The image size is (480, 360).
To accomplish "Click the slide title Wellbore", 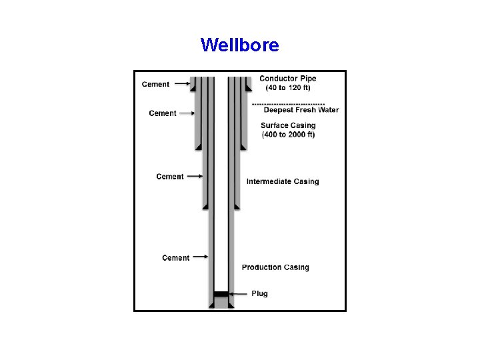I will click(239, 45).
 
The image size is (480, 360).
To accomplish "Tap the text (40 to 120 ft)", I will click(288, 88).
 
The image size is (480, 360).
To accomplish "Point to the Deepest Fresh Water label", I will click(301, 111).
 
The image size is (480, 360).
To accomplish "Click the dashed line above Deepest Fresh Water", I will click(288, 103).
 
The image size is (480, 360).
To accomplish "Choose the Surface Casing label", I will click(288, 125).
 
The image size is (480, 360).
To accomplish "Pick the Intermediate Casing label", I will click(283, 181).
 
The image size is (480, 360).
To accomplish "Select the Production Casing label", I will click(275, 267).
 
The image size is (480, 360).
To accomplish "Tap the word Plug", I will click(259, 293).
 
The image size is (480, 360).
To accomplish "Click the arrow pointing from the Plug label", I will click(238, 293).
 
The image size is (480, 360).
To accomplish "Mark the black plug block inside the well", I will click(221, 293).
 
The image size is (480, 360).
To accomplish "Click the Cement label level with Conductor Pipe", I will click(155, 84).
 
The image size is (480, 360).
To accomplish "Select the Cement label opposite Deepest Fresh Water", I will click(163, 113).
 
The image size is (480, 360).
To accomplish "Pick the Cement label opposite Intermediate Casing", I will click(170, 177).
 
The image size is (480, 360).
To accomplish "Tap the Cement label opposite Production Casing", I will click(175, 258).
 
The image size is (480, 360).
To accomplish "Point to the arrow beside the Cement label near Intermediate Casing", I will click(194, 177).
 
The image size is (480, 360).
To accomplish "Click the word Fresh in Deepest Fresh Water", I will click(305, 111).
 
